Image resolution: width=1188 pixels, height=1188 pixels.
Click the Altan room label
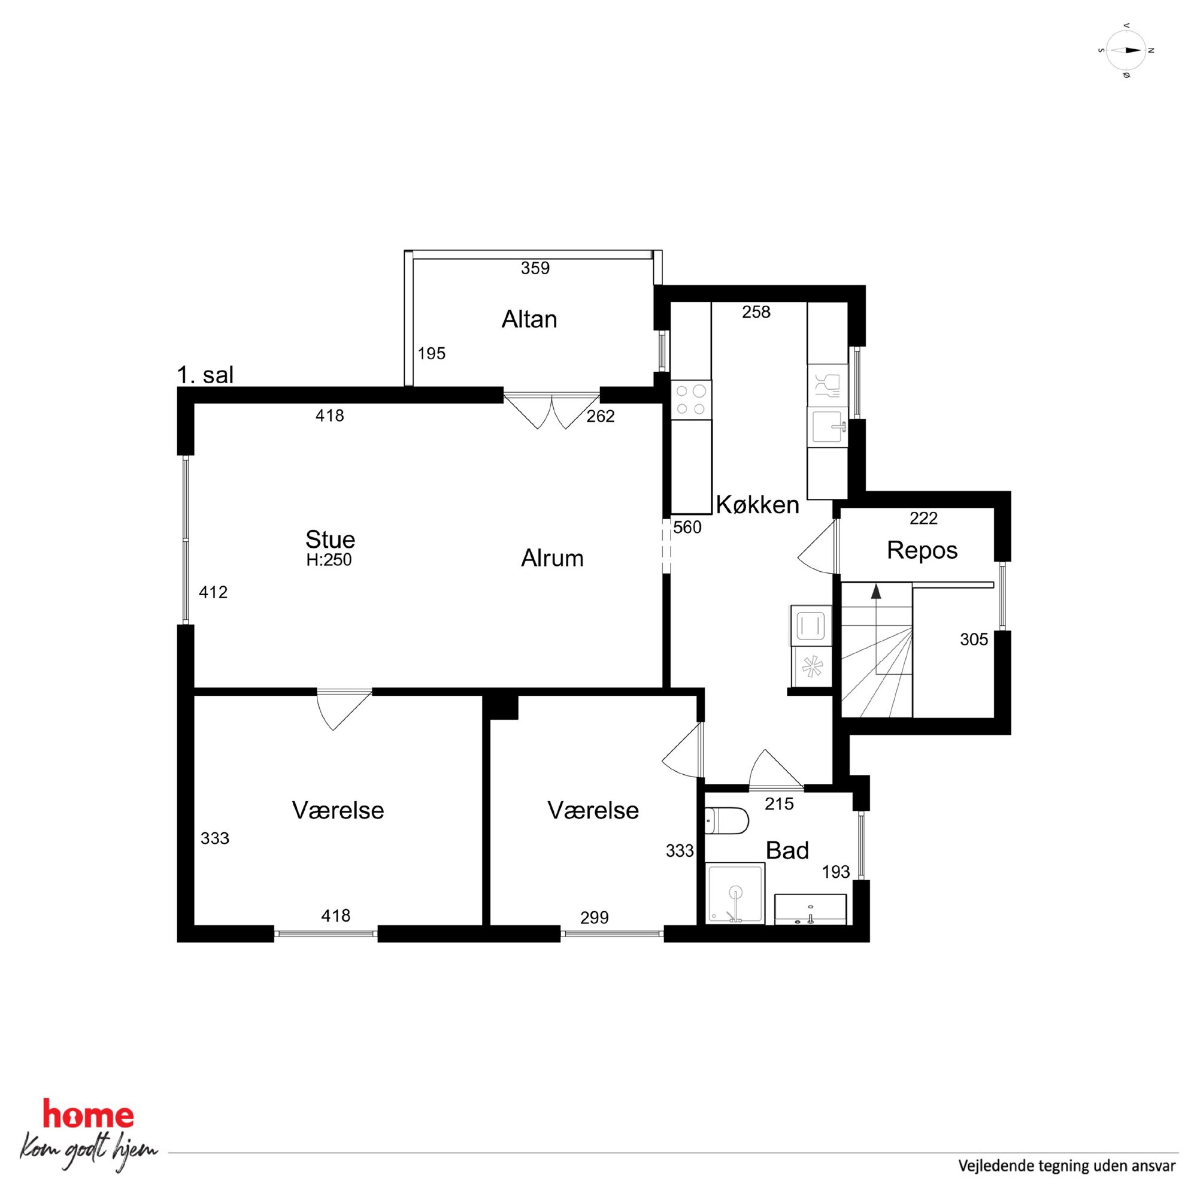(x=529, y=320)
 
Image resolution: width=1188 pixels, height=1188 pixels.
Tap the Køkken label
(x=757, y=505)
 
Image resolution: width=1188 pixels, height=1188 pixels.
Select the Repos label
(x=922, y=551)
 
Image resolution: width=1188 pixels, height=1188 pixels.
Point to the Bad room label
(x=787, y=850)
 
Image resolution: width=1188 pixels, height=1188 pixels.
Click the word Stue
(x=330, y=540)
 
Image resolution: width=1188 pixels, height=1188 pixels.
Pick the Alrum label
(x=552, y=558)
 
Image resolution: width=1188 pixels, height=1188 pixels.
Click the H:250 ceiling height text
(x=329, y=560)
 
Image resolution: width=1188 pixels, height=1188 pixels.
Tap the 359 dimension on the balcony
(x=535, y=268)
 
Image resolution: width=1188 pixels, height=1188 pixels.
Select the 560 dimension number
(x=687, y=528)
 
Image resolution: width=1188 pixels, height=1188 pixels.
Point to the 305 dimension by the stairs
(x=974, y=640)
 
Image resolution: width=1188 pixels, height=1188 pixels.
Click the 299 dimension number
(x=595, y=917)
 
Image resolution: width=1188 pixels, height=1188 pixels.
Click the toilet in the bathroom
(x=727, y=820)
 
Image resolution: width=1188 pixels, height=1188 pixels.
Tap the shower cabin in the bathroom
(x=736, y=893)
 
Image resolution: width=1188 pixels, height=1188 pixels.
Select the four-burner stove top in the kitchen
(x=691, y=399)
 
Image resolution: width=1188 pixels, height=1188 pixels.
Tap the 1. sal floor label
(x=205, y=374)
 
